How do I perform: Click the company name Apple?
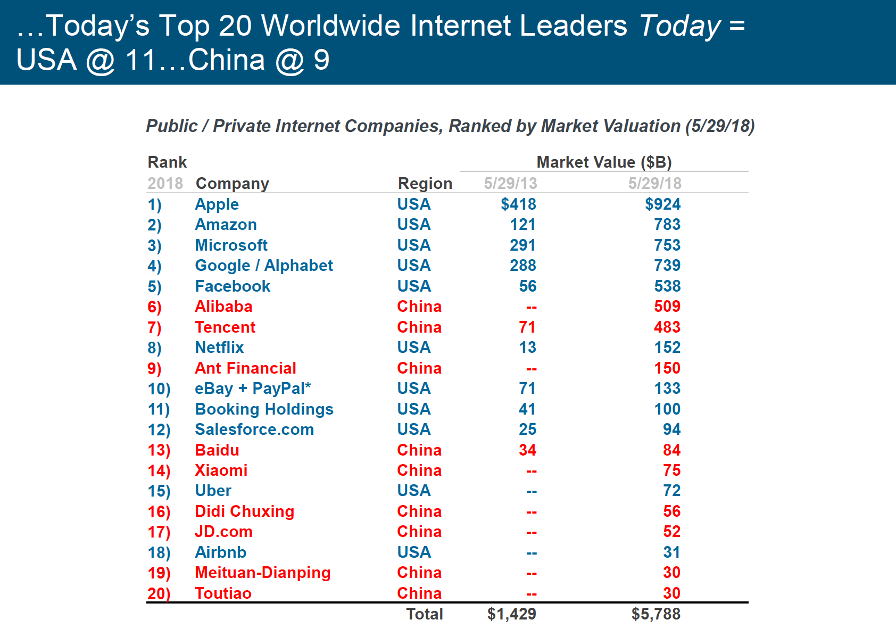217,204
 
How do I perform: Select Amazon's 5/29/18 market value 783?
667,225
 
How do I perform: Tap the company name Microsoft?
231,245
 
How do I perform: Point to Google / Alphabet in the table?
264,266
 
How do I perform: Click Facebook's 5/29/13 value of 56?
527,286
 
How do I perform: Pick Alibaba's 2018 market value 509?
667,307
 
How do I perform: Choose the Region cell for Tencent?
419,327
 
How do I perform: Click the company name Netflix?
219,348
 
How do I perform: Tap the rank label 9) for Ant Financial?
154,368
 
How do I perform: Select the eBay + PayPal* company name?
253,389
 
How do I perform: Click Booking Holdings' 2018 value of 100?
667,409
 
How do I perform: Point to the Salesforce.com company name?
254,429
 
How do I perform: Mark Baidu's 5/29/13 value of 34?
527,450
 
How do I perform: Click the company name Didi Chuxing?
244,511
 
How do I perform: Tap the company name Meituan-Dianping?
262,573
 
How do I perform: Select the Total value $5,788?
656,614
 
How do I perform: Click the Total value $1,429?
511,614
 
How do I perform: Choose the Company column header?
232,184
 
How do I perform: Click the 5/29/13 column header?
510,184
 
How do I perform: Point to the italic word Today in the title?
679,26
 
